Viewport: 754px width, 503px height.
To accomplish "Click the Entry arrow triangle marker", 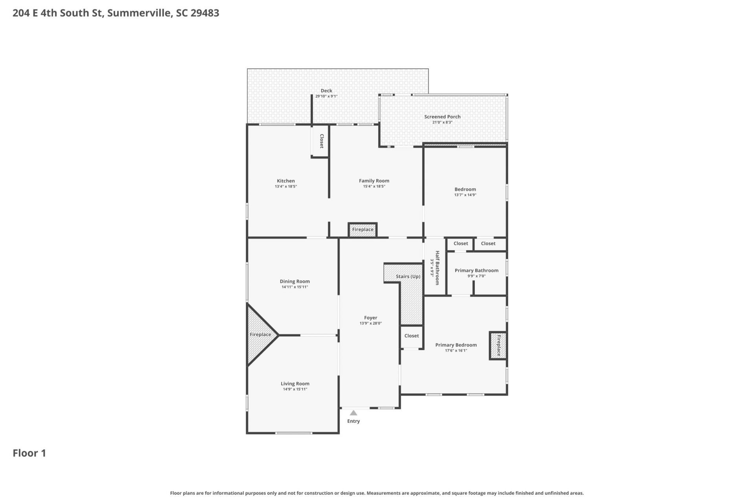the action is [353, 413].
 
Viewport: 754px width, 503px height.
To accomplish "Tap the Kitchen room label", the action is [286, 181].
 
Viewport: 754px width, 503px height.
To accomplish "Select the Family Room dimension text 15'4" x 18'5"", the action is [374, 186].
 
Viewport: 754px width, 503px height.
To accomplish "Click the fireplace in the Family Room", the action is [362, 230].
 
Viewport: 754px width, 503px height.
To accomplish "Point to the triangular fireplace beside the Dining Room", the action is [260, 335].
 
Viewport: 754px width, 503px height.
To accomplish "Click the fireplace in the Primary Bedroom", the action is [498, 345].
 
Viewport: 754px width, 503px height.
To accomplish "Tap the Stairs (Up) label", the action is [408, 276].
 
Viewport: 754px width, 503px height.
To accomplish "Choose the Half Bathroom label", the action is [437, 268].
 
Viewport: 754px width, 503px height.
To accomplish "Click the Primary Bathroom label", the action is [476, 271].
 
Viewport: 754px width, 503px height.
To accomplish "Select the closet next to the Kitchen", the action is [320, 141].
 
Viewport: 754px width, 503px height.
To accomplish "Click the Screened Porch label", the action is [442, 117].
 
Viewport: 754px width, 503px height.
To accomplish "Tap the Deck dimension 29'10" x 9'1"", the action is [326, 96].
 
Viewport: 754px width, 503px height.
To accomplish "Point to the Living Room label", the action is [295, 384].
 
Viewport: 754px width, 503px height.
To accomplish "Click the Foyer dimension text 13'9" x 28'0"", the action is [371, 324].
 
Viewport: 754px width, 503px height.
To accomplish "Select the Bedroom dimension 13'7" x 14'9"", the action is [465, 195].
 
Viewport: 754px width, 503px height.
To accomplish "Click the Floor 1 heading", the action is [29, 453].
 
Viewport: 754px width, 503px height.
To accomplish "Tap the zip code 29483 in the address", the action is [205, 13].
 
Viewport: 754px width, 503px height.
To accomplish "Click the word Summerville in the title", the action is [139, 13].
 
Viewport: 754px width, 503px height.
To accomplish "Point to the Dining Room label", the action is [295, 282].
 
